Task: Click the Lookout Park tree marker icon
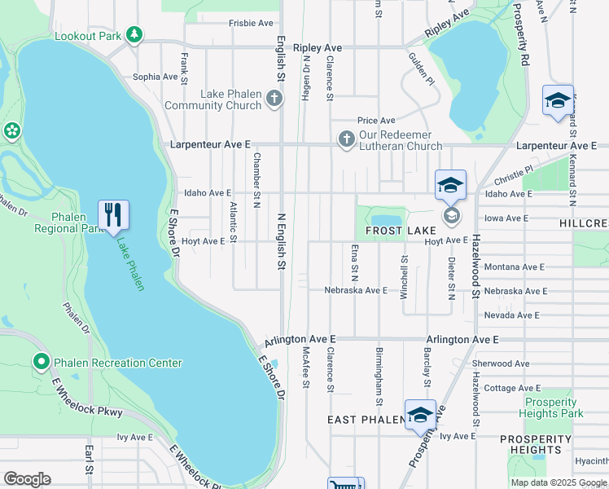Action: (134, 35)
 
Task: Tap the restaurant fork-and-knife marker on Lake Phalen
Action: (113, 215)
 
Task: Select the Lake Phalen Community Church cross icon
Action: (275, 99)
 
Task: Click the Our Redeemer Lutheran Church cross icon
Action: (347, 139)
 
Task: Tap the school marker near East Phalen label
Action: (420, 415)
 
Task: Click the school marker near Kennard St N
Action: (558, 100)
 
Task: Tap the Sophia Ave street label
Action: (155, 77)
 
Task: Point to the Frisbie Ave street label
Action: (252, 24)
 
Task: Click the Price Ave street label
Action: (376, 121)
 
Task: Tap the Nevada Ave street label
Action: (510, 315)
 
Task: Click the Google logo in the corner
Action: (27, 479)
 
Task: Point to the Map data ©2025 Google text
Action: (558, 482)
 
